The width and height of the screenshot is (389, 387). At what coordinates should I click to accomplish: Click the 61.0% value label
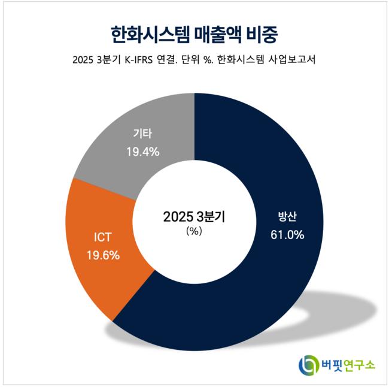[287, 235]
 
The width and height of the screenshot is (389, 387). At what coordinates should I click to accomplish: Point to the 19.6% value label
[103, 255]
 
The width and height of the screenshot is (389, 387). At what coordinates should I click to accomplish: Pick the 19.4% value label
[142, 152]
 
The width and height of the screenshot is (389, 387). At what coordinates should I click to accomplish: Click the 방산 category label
[287, 217]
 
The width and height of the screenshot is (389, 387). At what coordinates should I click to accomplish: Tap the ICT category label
[102, 237]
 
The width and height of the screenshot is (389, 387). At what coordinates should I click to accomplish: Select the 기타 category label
[142, 134]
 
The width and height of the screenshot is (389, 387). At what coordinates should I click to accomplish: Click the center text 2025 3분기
[194, 216]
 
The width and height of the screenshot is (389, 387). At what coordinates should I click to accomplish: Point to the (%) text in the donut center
[194, 231]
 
